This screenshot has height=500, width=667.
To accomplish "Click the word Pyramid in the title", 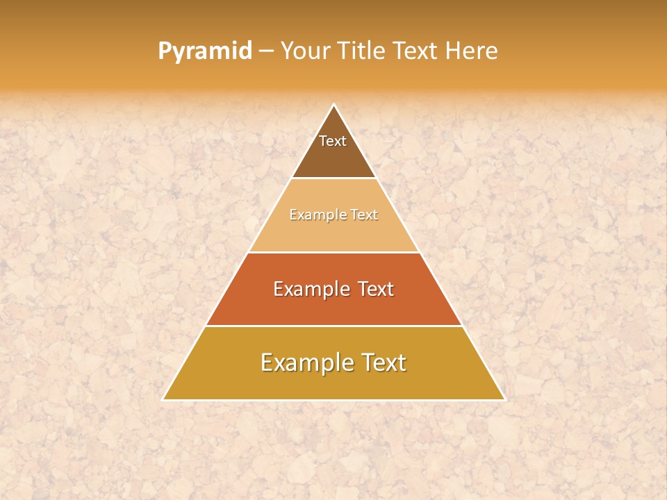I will pyautogui.click(x=205, y=51).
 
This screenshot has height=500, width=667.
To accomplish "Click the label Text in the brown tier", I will pyautogui.click(x=333, y=141).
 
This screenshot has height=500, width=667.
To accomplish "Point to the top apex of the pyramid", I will pyautogui.click(x=334, y=105).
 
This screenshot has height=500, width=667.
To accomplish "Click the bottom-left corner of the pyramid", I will pyautogui.click(x=163, y=399).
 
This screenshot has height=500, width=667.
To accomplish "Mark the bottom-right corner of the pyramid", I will pyautogui.click(x=504, y=399).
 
